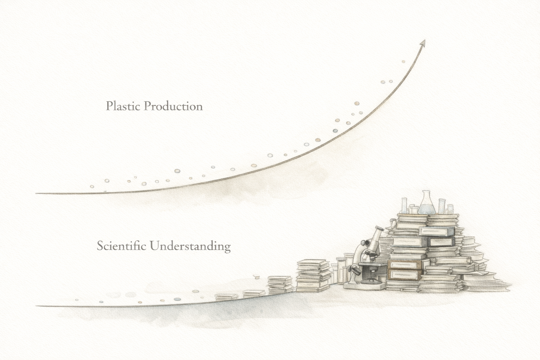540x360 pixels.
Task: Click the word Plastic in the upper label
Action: pos(123,106)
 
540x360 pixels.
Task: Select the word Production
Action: pos(173,106)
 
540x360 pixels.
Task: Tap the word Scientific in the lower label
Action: pos(122,246)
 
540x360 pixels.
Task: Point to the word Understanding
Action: pos(190,246)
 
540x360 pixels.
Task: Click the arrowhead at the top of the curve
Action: pos(423,43)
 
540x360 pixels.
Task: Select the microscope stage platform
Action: pos(372,264)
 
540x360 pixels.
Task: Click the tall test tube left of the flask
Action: pos(404,205)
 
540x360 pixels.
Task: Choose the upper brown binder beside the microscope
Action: pos(405,264)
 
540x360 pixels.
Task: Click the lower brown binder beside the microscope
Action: pos(405,275)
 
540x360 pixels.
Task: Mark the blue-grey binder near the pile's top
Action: pos(437,231)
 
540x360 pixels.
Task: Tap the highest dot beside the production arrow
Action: pos(403,62)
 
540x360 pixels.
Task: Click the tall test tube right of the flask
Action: pos(442,206)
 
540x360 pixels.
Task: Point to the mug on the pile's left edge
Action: pos(393,223)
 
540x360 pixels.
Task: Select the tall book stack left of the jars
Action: pos(313,276)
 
